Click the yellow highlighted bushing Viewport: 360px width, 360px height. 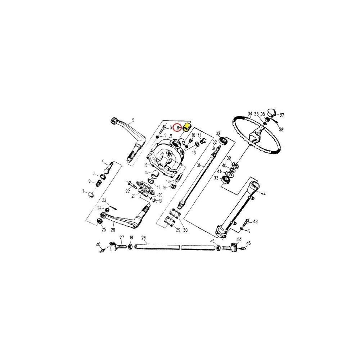click(187, 127)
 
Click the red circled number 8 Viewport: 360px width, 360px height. click(177, 127)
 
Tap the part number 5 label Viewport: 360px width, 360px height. click(133, 120)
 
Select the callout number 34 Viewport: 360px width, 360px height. click(249, 114)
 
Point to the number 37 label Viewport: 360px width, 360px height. click(282, 115)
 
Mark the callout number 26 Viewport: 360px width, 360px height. click(113, 230)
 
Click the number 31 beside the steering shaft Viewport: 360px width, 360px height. click(198, 165)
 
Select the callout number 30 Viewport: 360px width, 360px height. click(185, 230)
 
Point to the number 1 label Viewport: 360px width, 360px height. click(83, 190)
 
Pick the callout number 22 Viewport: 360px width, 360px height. click(128, 192)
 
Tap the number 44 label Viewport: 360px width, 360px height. click(239, 239)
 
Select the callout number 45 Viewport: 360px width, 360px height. click(212, 241)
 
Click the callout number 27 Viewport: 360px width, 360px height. click(122, 237)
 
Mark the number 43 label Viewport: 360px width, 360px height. click(255, 221)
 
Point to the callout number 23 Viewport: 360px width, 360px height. click(104, 200)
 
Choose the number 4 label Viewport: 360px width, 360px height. click(103, 161)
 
